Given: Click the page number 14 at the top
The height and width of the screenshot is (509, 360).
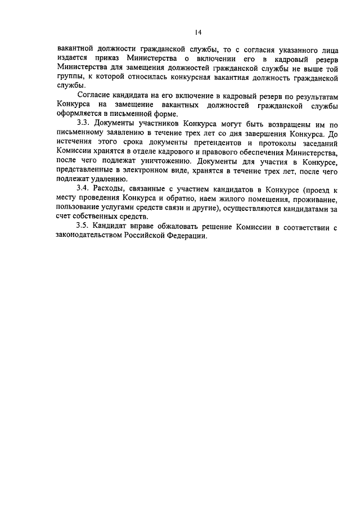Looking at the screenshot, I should (x=180, y=31).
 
